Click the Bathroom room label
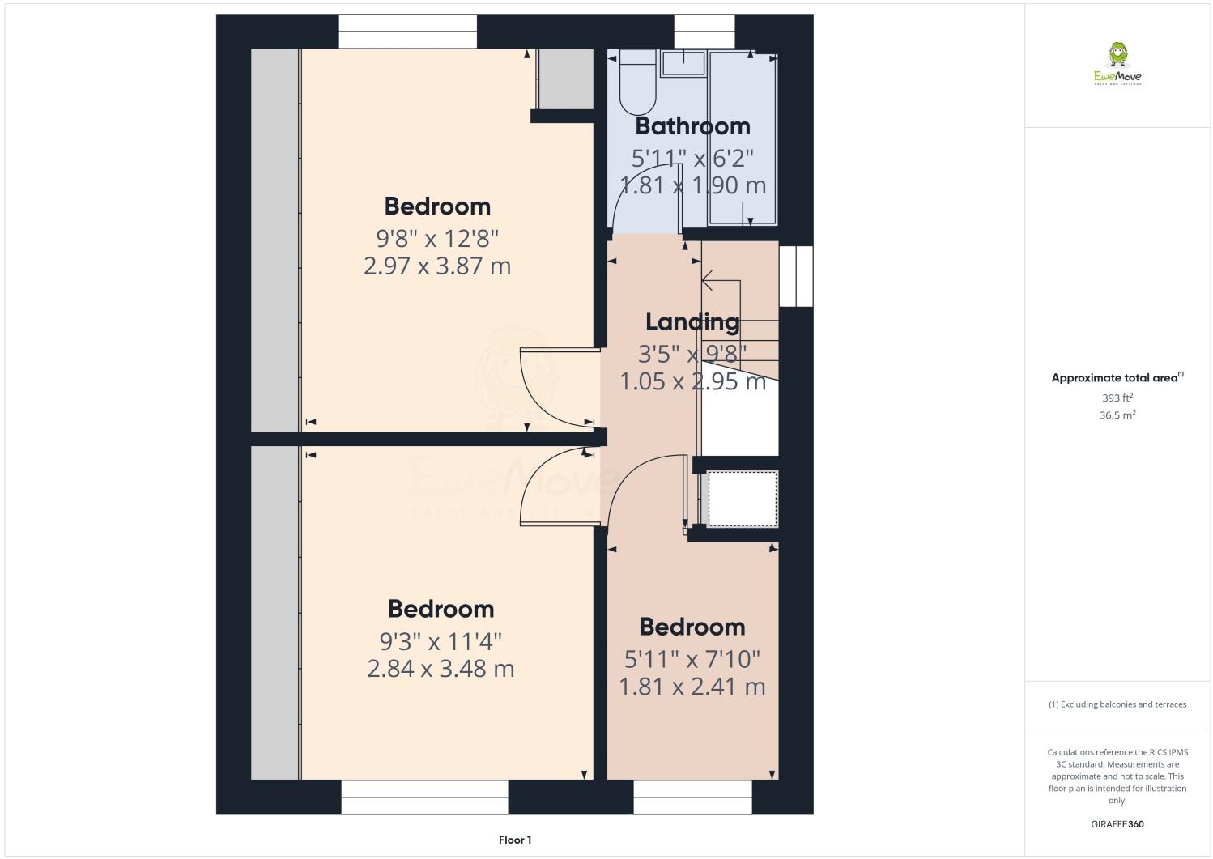pos(692,126)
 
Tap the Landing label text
pos(692,321)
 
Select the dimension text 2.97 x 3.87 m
pos(437,266)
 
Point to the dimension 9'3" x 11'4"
pos(441,641)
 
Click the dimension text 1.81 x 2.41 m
pos(692,687)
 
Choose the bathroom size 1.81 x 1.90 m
pos(692,185)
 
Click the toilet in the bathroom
pos(637,86)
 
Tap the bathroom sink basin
pos(684,62)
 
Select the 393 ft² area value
pos(1117,398)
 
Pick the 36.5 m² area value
pos(1117,415)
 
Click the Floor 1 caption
pos(515,840)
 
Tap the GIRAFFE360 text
pos(1117,824)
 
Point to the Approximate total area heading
pos(1117,377)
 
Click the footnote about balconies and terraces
pos(1117,704)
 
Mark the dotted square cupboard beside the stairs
pos(743,499)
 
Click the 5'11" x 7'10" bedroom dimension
pos(692,659)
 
